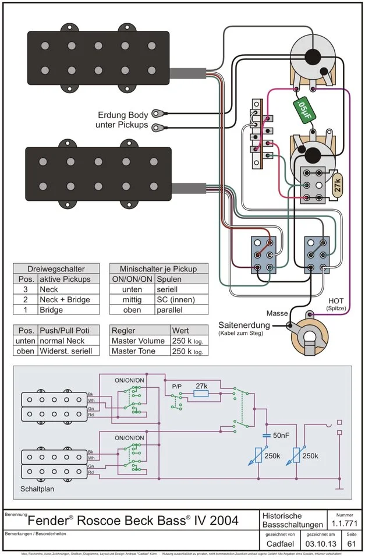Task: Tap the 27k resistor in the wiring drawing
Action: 337,186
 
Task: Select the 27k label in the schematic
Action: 201,386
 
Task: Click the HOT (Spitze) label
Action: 336,303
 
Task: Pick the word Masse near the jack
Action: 277,313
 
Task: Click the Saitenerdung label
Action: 244,324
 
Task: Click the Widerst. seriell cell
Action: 66,351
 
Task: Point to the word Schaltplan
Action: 37,489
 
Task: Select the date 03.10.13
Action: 320,543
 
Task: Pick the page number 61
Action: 352,543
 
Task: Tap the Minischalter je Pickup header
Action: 158,269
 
